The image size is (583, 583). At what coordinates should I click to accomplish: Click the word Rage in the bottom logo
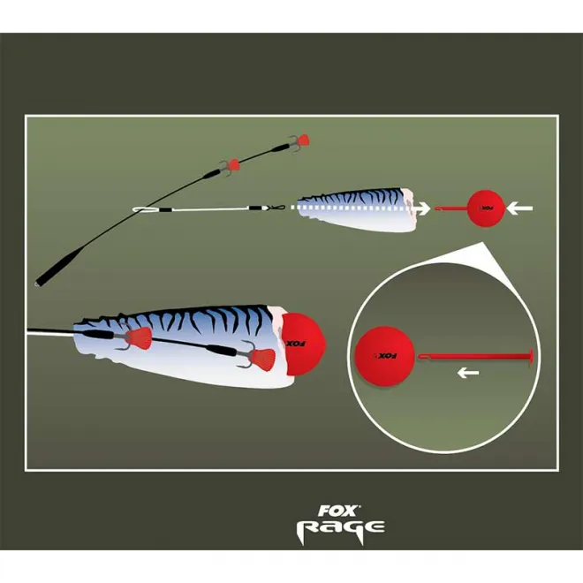coord(340,527)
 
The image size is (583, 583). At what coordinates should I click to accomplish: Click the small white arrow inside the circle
coord(468,373)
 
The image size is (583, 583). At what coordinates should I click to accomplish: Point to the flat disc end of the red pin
coord(533,356)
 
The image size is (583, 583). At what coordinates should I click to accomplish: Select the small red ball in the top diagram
coord(484,209)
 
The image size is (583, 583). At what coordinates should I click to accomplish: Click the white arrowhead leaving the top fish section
coord(424,209)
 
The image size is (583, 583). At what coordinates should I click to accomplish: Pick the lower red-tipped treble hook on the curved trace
coord(231,164)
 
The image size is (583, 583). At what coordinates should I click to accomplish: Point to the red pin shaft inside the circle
coord(477,356)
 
